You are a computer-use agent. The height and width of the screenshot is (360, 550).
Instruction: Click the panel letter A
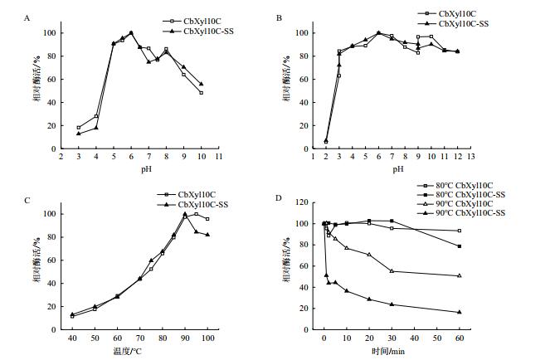click(x=28, y=17)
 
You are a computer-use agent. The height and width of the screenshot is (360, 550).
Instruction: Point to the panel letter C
click(x=28, y=199)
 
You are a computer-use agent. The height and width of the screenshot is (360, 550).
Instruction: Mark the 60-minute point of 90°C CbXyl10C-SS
click(x=459, y=312)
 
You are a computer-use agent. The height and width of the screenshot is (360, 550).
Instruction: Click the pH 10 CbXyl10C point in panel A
click(x=201, y=93)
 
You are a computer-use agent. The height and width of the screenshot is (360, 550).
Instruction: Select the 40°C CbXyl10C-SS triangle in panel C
click(x=72, y=314)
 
